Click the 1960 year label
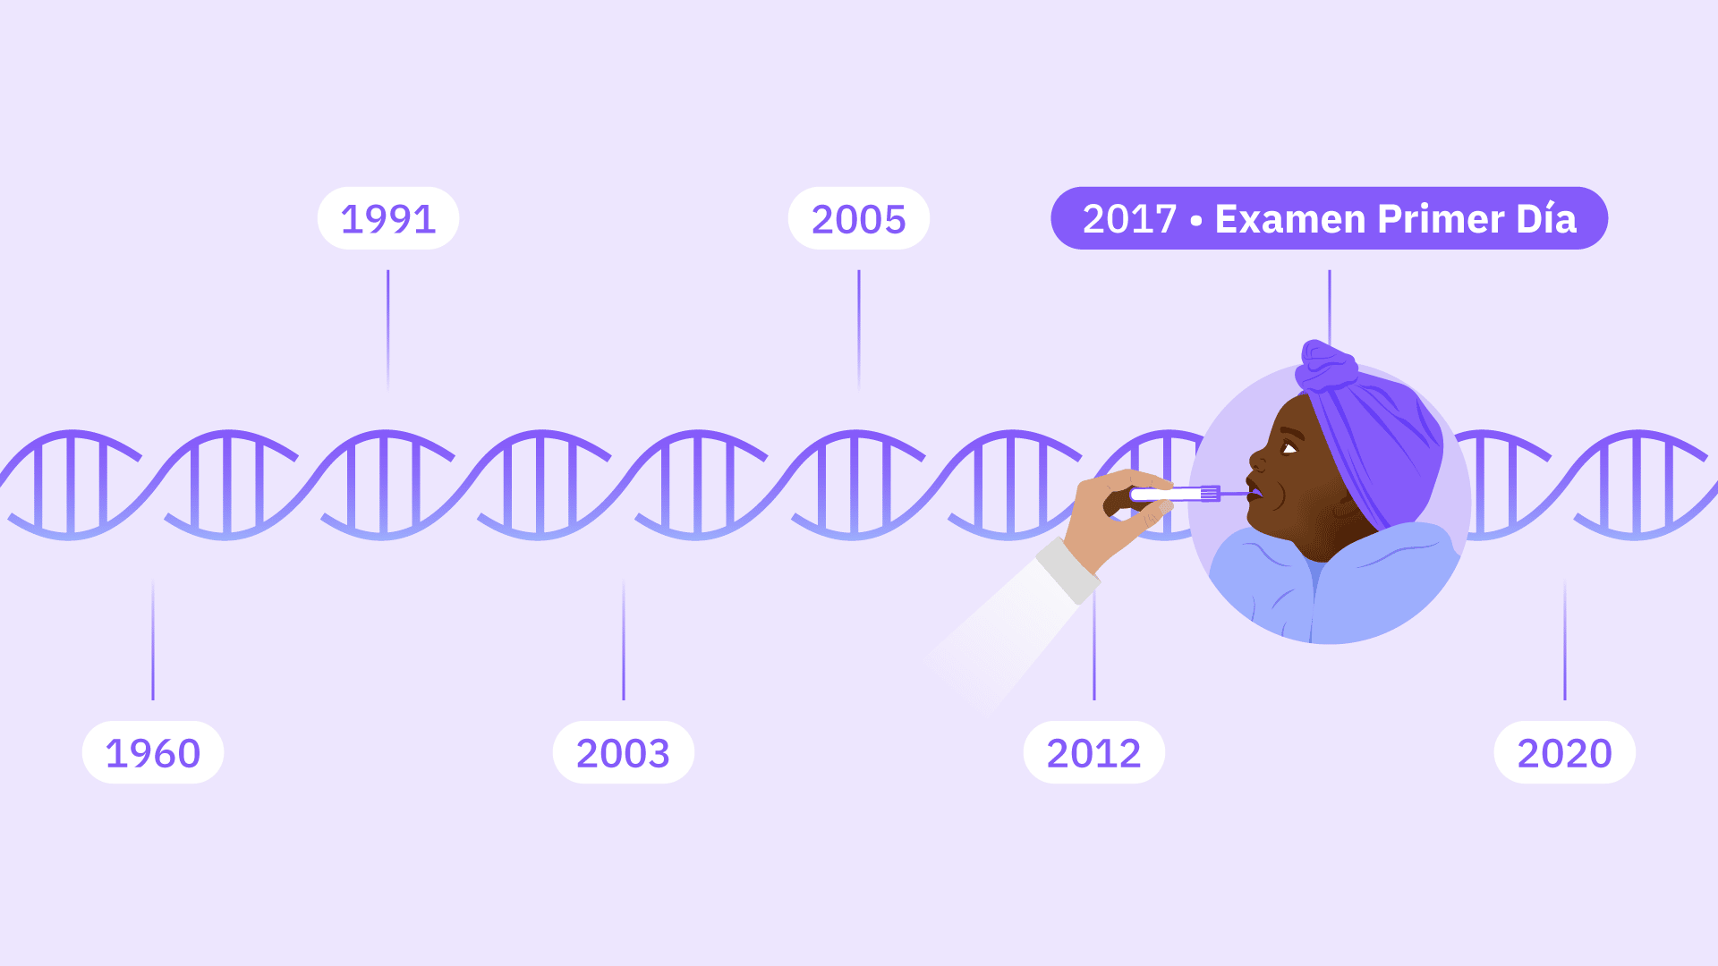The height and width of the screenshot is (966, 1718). (x=153, y=753)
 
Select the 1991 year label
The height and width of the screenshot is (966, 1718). (x=388, y=218)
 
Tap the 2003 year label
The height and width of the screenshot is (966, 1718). (x=624, y=753)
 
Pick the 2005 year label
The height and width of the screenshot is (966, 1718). (x=859, y=218)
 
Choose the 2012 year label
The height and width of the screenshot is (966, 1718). (x=1094, y=753)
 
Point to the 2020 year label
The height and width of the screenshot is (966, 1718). (x=1565, y=753)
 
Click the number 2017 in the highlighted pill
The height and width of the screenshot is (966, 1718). (x=1129, y=219)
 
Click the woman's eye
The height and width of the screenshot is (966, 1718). (x=1289, y=447)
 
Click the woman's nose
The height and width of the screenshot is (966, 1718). (x=1258, y=462)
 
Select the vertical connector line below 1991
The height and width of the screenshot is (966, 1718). (x=388, y=329)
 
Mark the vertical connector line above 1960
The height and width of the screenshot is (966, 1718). (x=153, y=640)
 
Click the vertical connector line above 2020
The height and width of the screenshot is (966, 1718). (x=1565, y=640)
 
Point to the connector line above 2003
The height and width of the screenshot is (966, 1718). (x=624, y=640)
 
